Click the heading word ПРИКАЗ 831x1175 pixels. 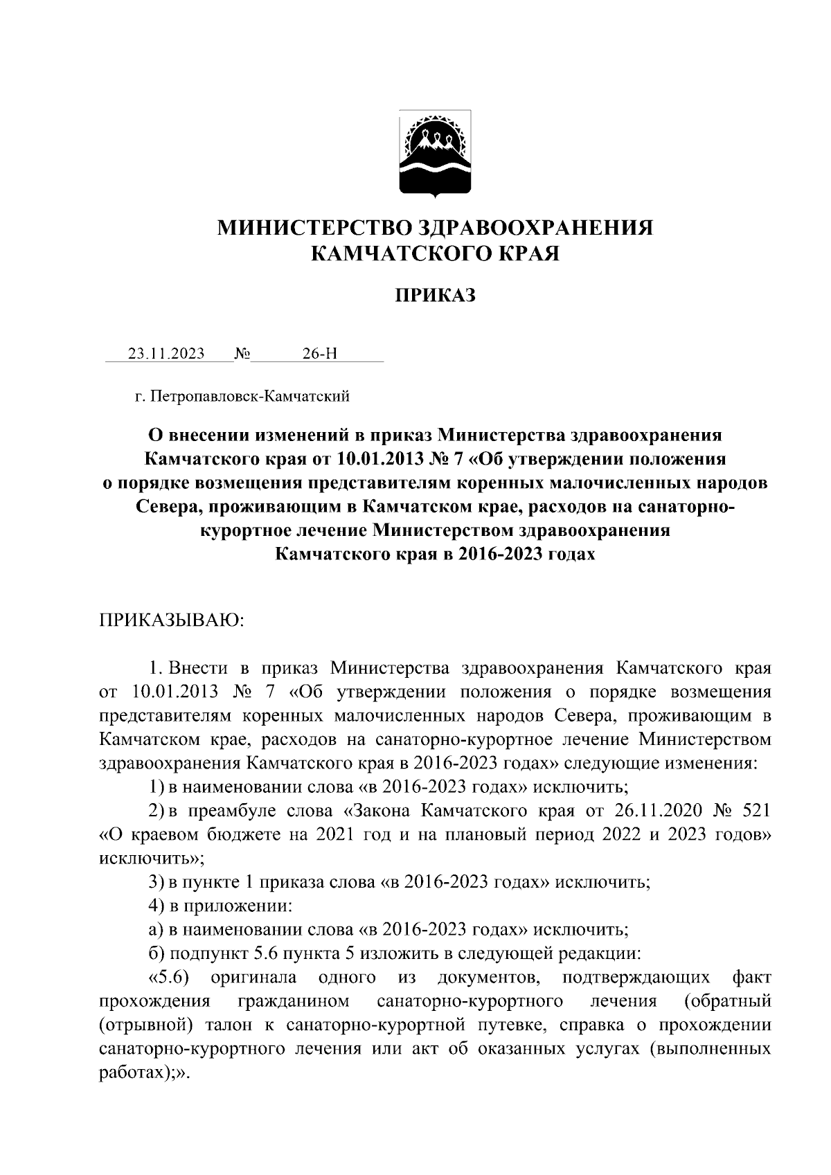point(436,296)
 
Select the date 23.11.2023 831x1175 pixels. point(166,354)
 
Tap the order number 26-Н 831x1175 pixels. point(320,354)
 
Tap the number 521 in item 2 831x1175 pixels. point(755,810)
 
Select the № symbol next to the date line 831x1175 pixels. point(242,354)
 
